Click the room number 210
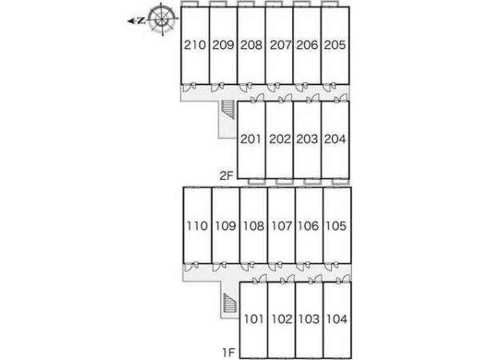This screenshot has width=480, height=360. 195,46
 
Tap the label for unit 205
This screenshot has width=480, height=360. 335,46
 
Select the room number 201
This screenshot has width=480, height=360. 251,139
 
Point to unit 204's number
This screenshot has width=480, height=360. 335,139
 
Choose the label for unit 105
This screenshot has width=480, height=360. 335,226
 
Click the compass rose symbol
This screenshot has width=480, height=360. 163,21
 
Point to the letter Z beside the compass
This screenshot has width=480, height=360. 141,22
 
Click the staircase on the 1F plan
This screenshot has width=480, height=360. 230,304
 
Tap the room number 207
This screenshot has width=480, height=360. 279,46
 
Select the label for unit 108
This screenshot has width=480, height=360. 252,226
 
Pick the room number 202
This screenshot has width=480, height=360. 279,139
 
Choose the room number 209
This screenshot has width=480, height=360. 223,46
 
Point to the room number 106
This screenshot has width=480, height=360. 308,226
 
